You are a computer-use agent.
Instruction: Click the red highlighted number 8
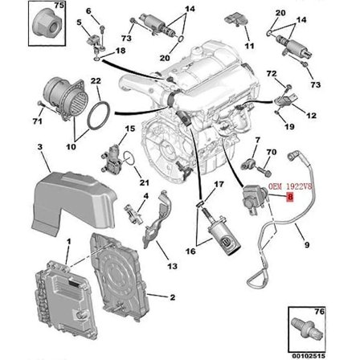289,194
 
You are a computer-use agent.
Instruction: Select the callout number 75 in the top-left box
57,5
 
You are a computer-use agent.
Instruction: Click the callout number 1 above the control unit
68,239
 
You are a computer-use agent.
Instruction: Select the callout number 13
171,264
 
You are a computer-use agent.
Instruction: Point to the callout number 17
219,184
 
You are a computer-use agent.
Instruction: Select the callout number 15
130,127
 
